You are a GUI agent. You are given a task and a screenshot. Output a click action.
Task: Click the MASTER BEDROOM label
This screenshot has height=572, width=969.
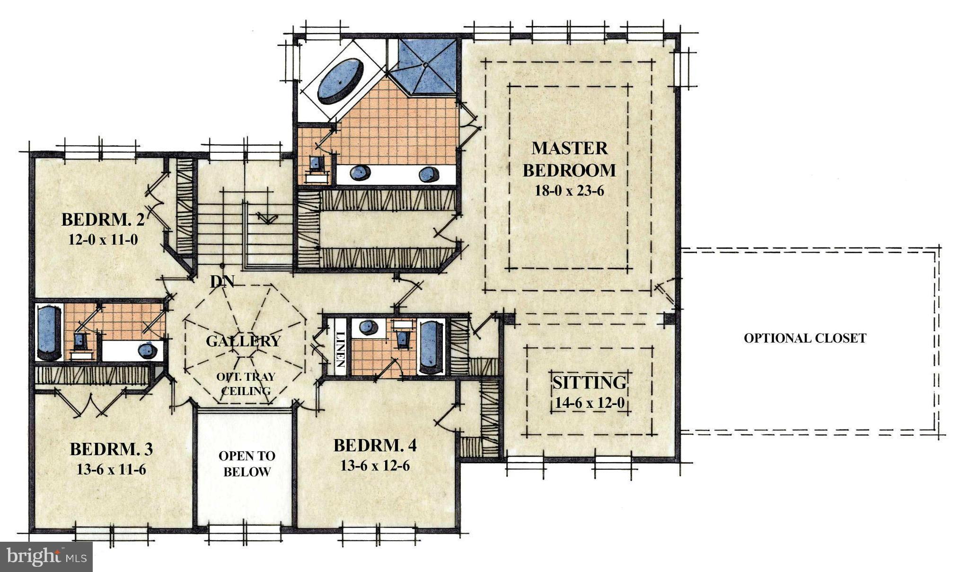(569, 159)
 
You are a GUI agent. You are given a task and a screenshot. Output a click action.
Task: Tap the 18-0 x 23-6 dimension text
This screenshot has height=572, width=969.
(569, 191)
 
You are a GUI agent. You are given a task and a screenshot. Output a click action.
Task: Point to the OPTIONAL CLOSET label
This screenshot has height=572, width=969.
(804, 338)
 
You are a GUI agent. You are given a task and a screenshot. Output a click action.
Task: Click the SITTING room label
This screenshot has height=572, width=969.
(590, 382)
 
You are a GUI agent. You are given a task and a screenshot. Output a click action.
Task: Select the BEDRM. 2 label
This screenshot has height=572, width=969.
(103, 220)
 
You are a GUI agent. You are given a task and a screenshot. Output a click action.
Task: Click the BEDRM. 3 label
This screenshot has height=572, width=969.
(111, 449)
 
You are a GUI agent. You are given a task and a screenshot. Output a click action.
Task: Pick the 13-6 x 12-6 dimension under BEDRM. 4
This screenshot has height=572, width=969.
(375, 466)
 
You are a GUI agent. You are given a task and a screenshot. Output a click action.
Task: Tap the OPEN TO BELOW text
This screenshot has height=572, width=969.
(247, 464)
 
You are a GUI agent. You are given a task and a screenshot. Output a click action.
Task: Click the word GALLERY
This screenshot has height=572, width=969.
(243, 341)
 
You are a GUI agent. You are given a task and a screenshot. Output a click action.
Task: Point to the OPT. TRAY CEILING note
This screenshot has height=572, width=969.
(246, 384)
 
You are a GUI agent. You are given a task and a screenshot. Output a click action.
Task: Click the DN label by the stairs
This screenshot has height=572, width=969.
(222, 282)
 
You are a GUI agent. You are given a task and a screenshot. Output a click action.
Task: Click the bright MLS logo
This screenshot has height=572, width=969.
(46, 556)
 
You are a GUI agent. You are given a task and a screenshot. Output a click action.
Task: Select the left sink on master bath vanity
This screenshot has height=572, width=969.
(361, 174)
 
